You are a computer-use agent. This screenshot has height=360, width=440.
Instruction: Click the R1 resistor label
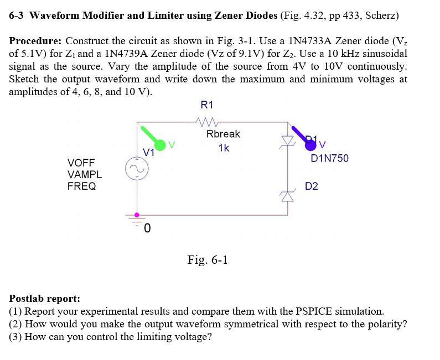207,105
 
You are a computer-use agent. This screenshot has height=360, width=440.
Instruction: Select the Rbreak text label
223,134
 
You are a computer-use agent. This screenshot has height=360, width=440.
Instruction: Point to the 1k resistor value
224,148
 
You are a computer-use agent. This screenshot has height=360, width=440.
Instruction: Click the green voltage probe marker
159,145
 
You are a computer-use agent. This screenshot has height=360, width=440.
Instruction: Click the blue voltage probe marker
311,145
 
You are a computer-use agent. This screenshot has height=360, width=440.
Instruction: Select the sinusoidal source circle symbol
137,169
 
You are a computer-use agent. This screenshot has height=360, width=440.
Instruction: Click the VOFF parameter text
81,163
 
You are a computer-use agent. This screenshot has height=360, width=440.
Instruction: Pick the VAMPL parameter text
84,174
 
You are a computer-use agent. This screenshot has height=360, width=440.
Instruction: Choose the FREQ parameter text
81,186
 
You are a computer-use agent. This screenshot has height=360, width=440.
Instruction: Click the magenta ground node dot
137,215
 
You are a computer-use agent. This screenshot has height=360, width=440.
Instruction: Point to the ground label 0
148,228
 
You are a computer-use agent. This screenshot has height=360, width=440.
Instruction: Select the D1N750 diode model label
330,159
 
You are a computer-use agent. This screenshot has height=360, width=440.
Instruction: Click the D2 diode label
312,186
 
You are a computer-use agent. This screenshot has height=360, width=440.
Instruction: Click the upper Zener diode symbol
287,141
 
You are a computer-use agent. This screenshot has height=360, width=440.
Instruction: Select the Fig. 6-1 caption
208,259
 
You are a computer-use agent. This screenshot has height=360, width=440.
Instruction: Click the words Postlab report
45,299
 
